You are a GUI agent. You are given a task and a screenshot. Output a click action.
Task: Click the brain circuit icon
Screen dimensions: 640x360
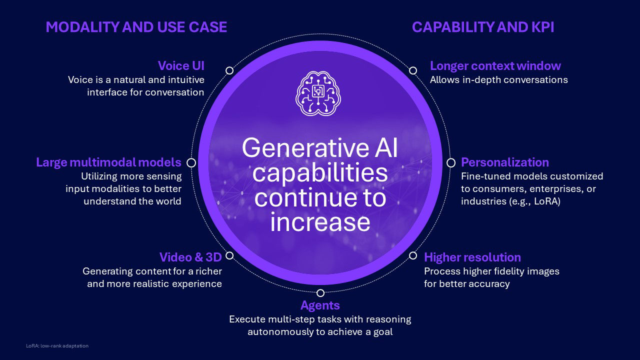pos(318,93)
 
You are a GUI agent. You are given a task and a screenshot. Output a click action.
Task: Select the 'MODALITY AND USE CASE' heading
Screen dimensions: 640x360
pos(136,27)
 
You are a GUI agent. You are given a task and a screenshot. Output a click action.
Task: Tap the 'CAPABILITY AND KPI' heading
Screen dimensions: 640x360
pos(483,27)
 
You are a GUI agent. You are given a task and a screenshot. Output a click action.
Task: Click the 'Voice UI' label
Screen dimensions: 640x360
pos(181,65)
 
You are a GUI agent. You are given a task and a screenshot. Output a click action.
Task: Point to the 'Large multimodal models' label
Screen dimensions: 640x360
pos(108,162)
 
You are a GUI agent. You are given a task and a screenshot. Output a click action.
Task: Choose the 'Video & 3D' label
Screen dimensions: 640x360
pos(190,257)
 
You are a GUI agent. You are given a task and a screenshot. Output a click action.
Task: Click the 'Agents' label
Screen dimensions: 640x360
pos(320,305)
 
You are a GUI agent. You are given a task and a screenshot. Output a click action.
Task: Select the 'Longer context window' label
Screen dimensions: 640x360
pos(495,65)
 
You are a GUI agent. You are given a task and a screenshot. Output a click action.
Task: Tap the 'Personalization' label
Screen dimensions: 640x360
pos(505,162)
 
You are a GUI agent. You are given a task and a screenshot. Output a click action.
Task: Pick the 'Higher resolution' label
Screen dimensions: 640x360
pos(472,257)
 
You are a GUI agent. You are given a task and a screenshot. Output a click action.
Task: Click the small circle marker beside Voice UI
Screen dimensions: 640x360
pos(229,70)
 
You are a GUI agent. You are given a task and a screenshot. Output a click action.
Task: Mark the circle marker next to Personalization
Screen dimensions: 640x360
pos(451,163)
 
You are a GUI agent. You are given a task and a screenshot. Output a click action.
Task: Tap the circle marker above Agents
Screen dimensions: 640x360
pos(320,293)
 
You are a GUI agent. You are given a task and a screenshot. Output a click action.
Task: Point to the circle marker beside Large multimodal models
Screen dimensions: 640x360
pos(191,163)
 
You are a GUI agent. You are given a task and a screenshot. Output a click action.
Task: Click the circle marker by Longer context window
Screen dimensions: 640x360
pos(413,70)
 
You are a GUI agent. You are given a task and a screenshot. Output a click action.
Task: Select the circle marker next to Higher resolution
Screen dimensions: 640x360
pos(413,255)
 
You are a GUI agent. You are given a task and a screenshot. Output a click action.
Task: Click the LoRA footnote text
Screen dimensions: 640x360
pos(57,345)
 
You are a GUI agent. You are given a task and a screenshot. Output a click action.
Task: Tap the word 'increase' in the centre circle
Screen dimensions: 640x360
pos(320,222)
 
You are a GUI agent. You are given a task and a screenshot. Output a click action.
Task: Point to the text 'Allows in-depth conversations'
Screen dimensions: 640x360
pos(499,79)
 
